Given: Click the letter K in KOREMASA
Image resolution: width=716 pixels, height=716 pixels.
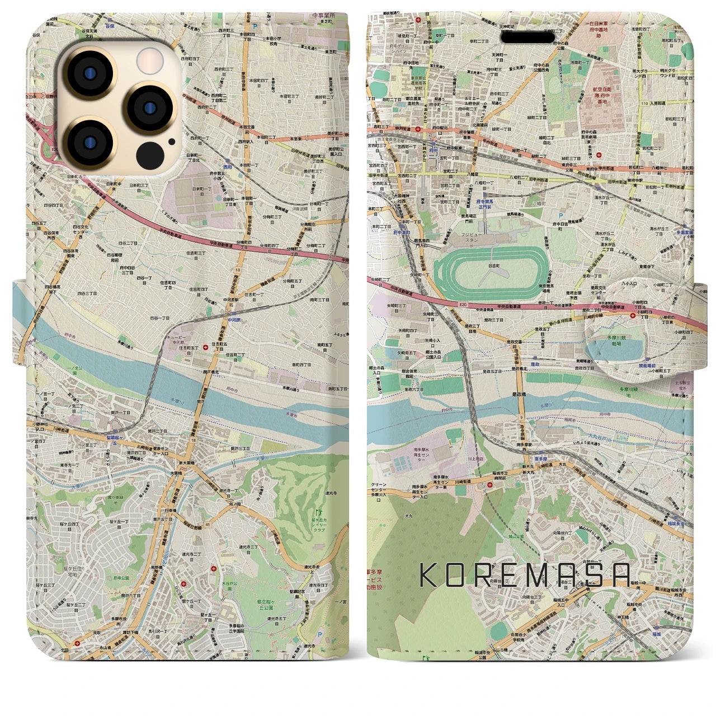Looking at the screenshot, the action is coord(428,575).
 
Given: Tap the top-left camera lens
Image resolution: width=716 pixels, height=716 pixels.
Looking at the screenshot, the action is coord(89,75).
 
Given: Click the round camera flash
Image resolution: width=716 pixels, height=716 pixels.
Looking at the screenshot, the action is coord(149,60).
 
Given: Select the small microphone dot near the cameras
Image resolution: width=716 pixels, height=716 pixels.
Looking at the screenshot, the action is coord(171,142).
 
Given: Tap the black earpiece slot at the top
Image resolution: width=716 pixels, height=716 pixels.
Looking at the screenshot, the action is coord(527,37).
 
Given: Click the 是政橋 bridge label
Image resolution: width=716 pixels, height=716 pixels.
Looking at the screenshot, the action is coord(519,394).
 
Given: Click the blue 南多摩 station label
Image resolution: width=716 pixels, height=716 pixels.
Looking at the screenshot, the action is coord(540,458).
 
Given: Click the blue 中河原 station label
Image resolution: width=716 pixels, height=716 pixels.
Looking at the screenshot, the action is coord(234,319).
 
